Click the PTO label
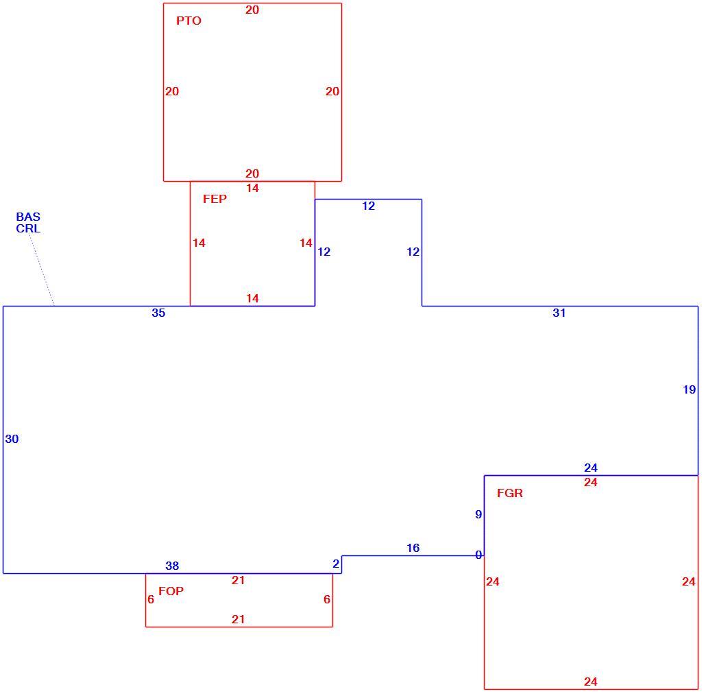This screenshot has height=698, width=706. [x=188, y=21]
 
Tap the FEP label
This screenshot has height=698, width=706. [x=215, y=199]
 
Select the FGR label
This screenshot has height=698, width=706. [x=510, y=493]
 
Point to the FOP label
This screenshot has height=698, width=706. [x=171, y=591]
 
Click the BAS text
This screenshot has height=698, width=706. [x=28, y=217]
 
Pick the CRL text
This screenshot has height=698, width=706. [x=28, y=228]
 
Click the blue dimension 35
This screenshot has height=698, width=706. [x=158, y=313]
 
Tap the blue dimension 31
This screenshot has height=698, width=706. [x=559, y=313]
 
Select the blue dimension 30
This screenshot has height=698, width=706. [x=12, y=439]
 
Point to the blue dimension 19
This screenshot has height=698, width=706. [x=690, y=389]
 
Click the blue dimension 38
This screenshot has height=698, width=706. [x=172, y=566]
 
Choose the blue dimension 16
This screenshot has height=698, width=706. [x=413, y=548]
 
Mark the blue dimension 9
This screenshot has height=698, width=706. [x=478, y=514]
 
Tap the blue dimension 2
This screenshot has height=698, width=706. [x=336, y=564]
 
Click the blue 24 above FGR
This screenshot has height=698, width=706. [x=591, y=468]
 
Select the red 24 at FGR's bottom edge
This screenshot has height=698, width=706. [x=591, y=682]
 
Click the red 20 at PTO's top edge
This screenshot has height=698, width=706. [x=252, y=10]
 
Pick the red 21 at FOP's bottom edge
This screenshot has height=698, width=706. [x=238, y=619]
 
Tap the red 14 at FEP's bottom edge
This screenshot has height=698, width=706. [x=253, y=298]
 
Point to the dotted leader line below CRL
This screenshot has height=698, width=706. [x=42, y=270]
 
